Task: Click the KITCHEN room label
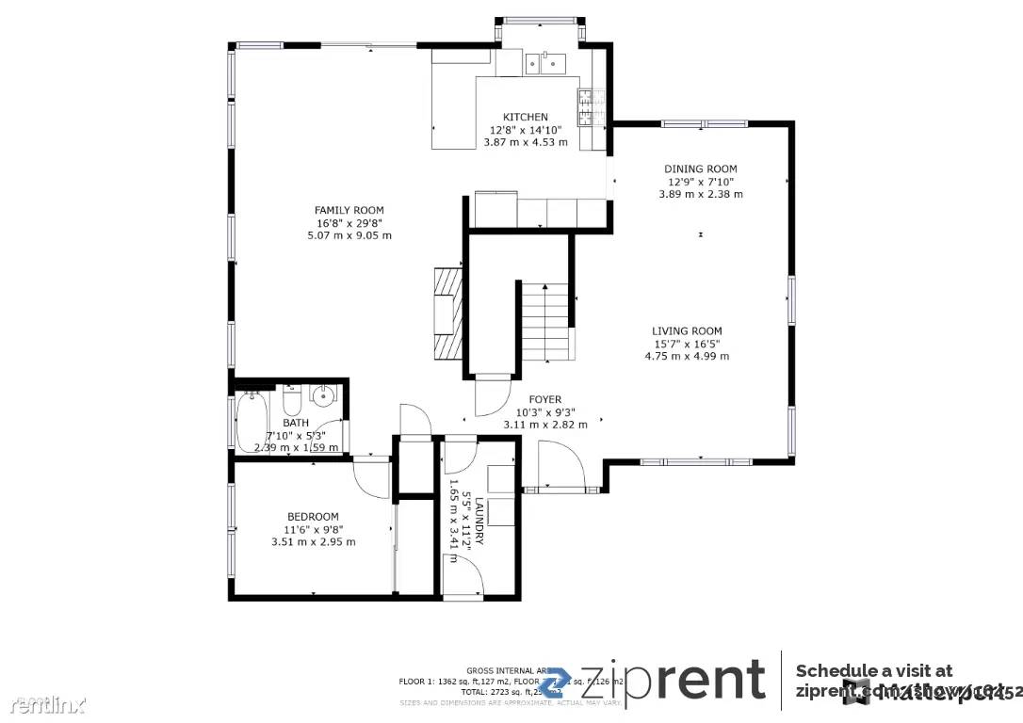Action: [525, 118]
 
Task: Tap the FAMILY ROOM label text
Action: [349, 211]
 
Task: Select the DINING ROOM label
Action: [700, 169]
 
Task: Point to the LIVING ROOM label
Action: [687, 331]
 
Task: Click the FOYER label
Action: [544, 400]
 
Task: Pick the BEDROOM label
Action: [313, 517]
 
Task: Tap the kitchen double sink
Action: [544, 62]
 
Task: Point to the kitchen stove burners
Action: [585, 107]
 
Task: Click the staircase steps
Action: [544, 320]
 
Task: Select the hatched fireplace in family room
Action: [447, 313]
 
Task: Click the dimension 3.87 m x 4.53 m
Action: [525, 142]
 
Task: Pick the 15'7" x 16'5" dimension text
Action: [687, 344]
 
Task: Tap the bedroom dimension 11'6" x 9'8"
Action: [313, 529]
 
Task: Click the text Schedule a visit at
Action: [873, 670]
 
